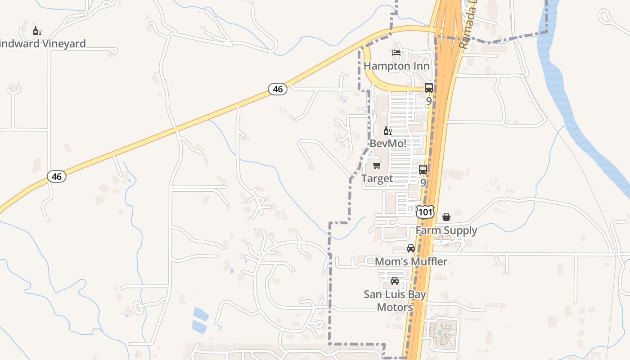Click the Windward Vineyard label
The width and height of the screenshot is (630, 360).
click(x=43, y=44)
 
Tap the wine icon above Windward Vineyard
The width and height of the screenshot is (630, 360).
click(x=37, y=31)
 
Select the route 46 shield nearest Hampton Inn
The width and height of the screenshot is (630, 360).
click(x=278, y=89)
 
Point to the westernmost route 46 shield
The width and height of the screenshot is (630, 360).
click(x=57, y=176)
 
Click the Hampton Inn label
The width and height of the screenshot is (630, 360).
click(x=396, y=66)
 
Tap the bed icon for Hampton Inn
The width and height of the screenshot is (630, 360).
click(x=396, y=53)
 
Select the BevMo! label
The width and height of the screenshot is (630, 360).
click(x=388, y=144)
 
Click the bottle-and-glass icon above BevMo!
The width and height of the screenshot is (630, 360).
click(x=387, y=131)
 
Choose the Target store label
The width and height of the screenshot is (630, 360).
click(x=377, y=179)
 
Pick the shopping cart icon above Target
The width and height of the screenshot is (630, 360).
click(x=377, y=165)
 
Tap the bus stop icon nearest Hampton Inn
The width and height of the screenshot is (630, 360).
click(x=429, y=88)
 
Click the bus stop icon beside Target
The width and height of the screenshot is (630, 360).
click(x=423, y=170)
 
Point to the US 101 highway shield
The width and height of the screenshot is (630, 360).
click(x=425, y=211)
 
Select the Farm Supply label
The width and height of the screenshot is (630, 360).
click(x=446, y=230)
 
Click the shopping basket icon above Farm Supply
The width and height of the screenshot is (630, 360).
click(x=446, y=217)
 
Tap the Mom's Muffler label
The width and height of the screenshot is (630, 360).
click(x=411, y=261)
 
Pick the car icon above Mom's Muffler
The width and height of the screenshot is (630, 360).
click(x=411, y=248)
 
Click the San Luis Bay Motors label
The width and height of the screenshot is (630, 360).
click(x=395, y=301)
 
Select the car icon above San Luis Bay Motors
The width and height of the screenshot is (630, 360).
click(x=395, y=281)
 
